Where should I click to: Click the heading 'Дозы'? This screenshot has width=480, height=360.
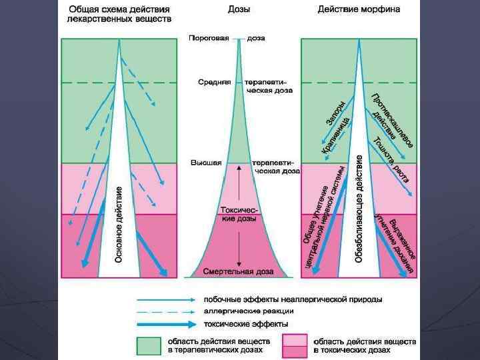tap(240, 10)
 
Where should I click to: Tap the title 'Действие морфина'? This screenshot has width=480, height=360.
tap(359, 10)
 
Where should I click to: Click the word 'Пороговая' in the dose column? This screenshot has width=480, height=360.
tap(210, 38)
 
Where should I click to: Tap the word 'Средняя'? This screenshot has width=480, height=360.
tap(215, 82)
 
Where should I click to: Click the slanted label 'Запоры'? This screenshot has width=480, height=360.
tap(335, 113)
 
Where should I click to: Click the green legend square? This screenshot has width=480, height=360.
tap(149, 345)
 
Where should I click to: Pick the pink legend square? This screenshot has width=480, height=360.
tap(295, 345)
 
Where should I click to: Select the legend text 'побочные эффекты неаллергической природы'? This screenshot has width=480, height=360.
tap(293, 299)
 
